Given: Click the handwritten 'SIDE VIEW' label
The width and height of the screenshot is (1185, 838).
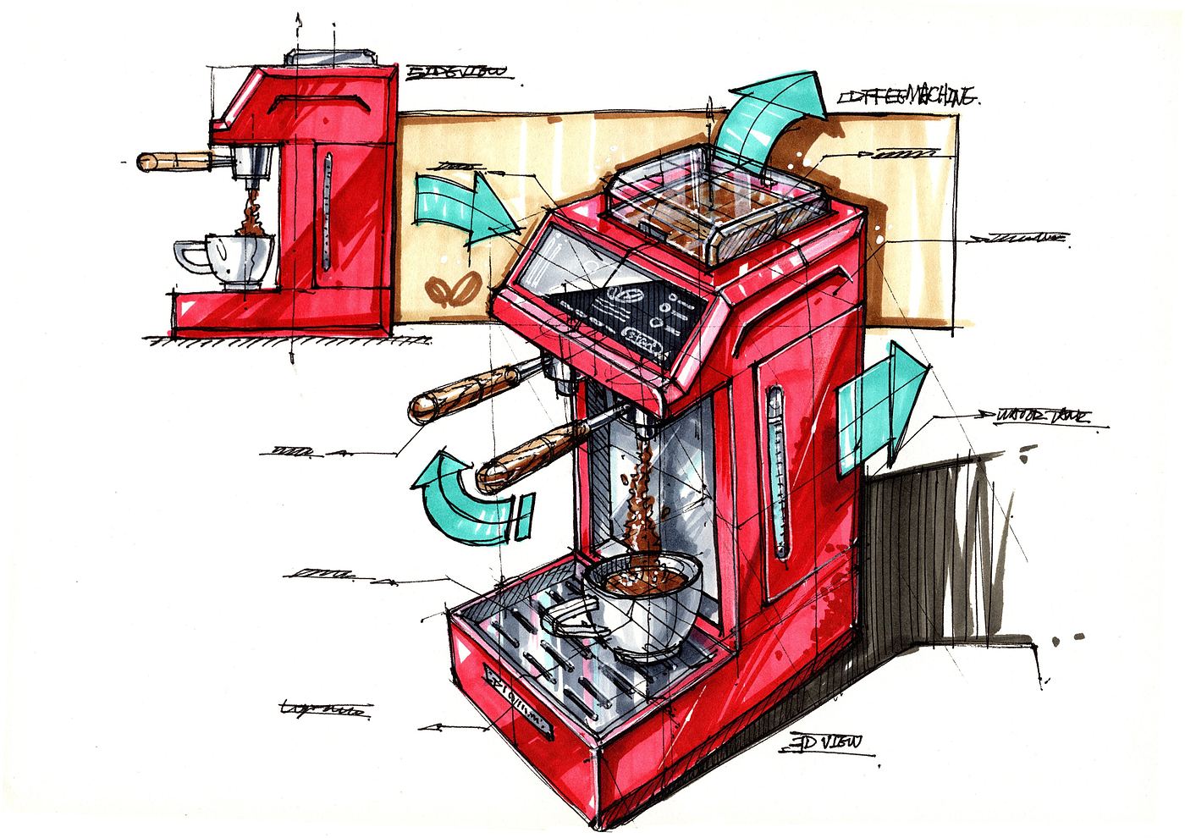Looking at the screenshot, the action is click(x=458, y=72).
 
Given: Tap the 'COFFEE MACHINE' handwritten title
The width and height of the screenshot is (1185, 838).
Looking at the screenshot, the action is click(x=907, y=96).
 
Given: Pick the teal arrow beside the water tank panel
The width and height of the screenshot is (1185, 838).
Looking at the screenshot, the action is click(x=880, y=405).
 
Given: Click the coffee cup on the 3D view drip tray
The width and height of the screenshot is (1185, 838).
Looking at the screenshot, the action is click(x=643, y=605).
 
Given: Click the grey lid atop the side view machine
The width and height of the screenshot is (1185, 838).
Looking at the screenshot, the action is click(x=330, y=57).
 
